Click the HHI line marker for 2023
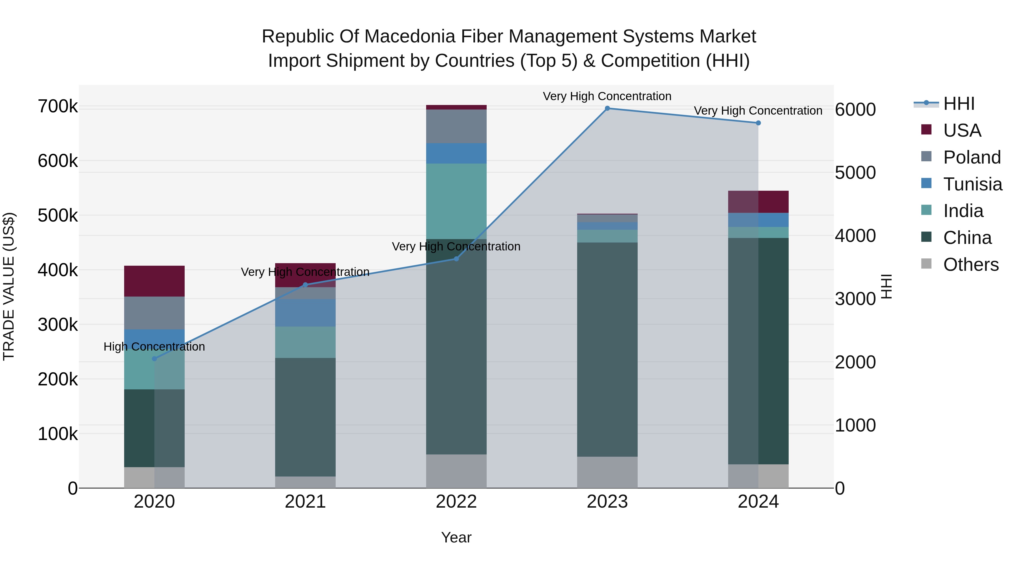click(x=607, y=108)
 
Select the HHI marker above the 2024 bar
click(x=758, y=123)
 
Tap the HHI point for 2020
click(x=154, y=359)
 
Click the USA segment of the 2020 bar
click(x=154, y=281)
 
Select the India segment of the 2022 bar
click(x=456, y=201)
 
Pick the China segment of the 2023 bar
click(x=607, y=349)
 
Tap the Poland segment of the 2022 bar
click(x=456, y=126)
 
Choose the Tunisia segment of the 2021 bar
click(x=305, y=313)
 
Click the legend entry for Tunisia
click(x=972, y=184)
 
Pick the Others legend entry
click(x=970, y=265)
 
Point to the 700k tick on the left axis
click(x=58, y=107)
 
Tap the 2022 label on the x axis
click(x=456, y=502)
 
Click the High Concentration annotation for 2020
click(x=154, y=347)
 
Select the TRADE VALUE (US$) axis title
click(x=9, y=286)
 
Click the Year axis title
click(x=456, y=537)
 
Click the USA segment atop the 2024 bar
click(x=758, y=202)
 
